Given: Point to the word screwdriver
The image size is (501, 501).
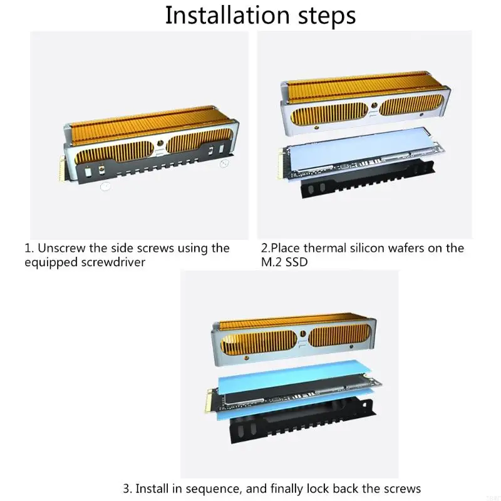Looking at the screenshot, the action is (x=113, y=262).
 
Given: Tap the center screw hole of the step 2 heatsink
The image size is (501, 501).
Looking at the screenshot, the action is (x=373, y=105).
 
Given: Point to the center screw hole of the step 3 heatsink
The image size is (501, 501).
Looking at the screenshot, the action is (x=302, y=334).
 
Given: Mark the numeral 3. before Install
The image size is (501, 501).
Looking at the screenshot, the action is (x=128, y=489).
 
